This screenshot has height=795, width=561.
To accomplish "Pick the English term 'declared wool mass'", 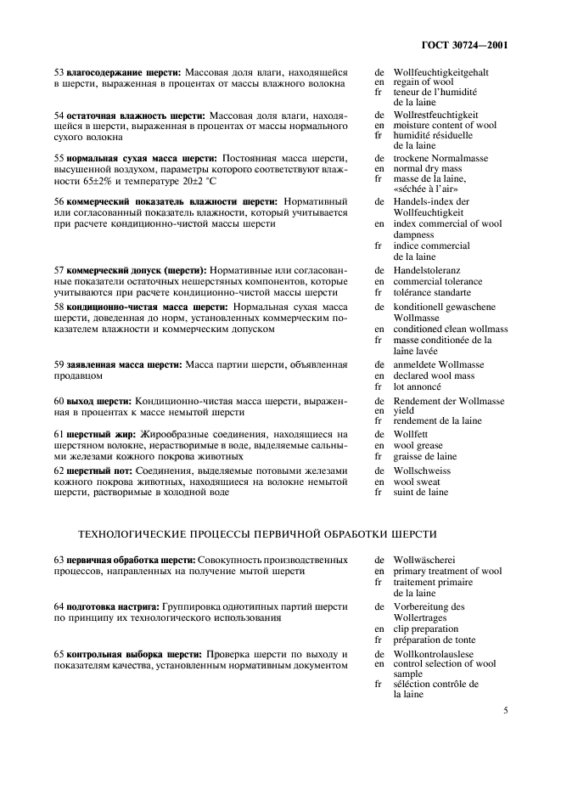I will click(435, 375).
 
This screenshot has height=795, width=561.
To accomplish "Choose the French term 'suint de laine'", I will click(421, 491).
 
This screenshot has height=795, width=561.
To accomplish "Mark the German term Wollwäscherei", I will click(425, 561).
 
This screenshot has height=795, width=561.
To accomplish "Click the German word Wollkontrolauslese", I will click(434, 654).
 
